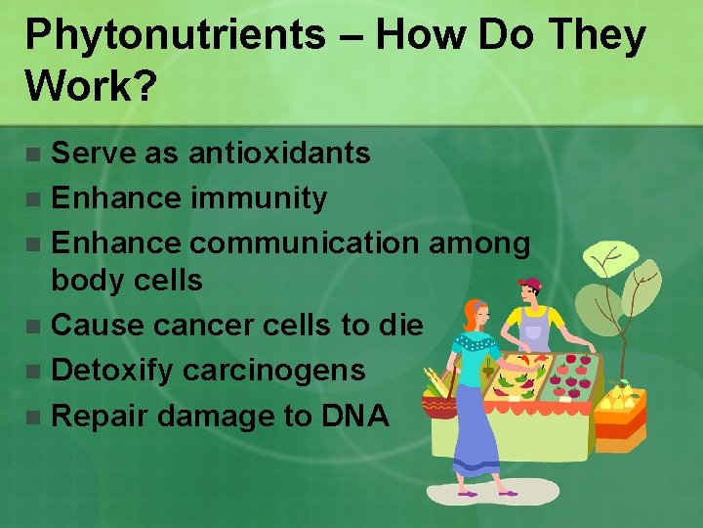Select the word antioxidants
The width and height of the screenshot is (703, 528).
(x=279, y=154)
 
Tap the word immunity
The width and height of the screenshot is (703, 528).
(x=259, y=198)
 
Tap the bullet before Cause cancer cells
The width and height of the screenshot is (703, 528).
(x=34, y=326)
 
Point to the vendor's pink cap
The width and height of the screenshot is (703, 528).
(x=529, y=285)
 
